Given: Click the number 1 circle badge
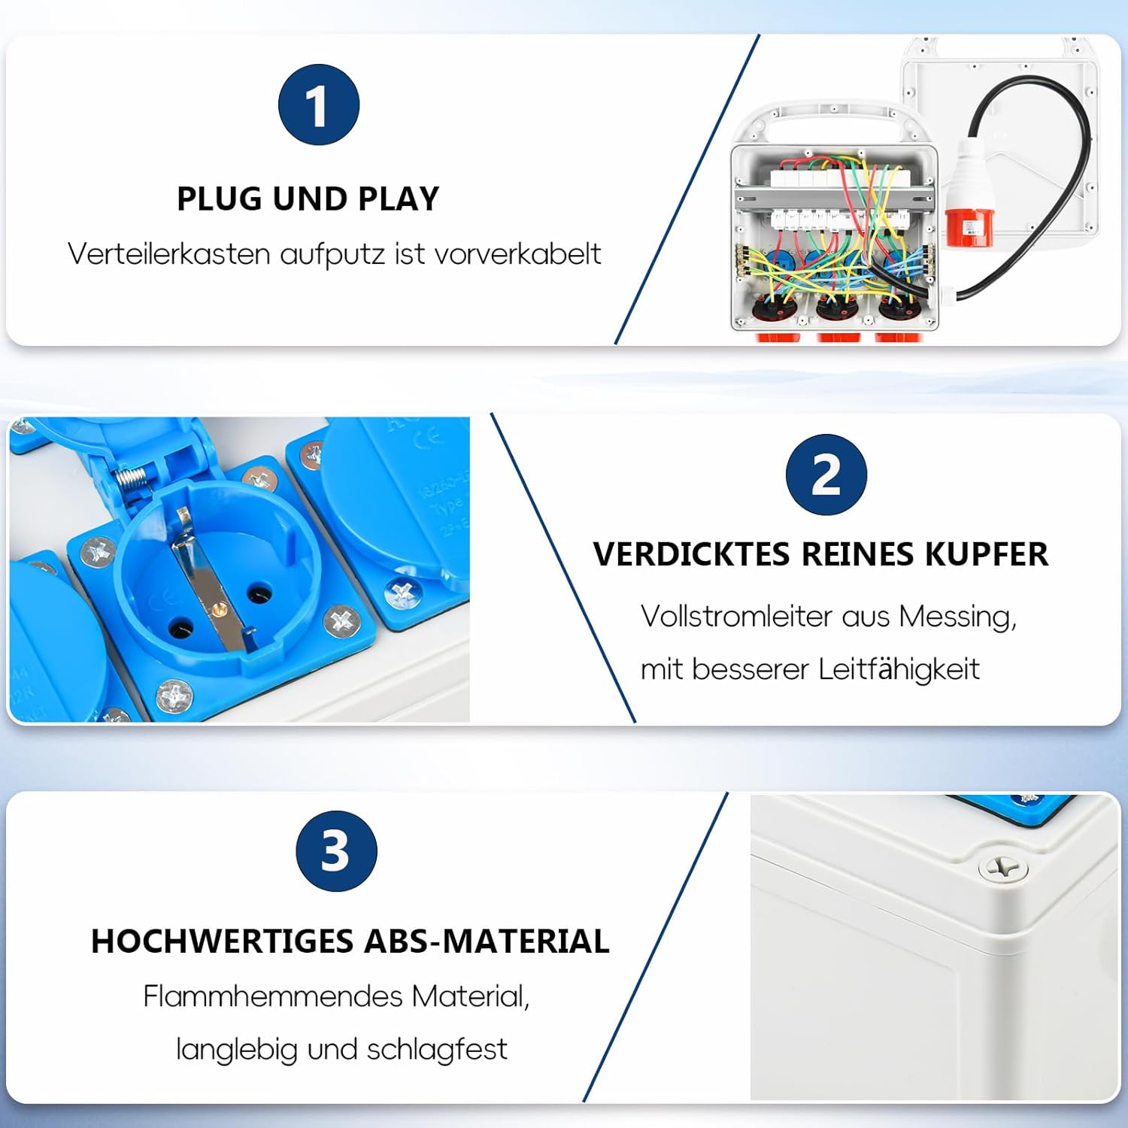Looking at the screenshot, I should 319,105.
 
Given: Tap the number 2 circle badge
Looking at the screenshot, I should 826,475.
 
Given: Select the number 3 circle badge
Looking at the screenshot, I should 336,851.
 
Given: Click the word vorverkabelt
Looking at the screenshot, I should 517,254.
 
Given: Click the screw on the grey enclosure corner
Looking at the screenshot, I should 1002,869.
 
